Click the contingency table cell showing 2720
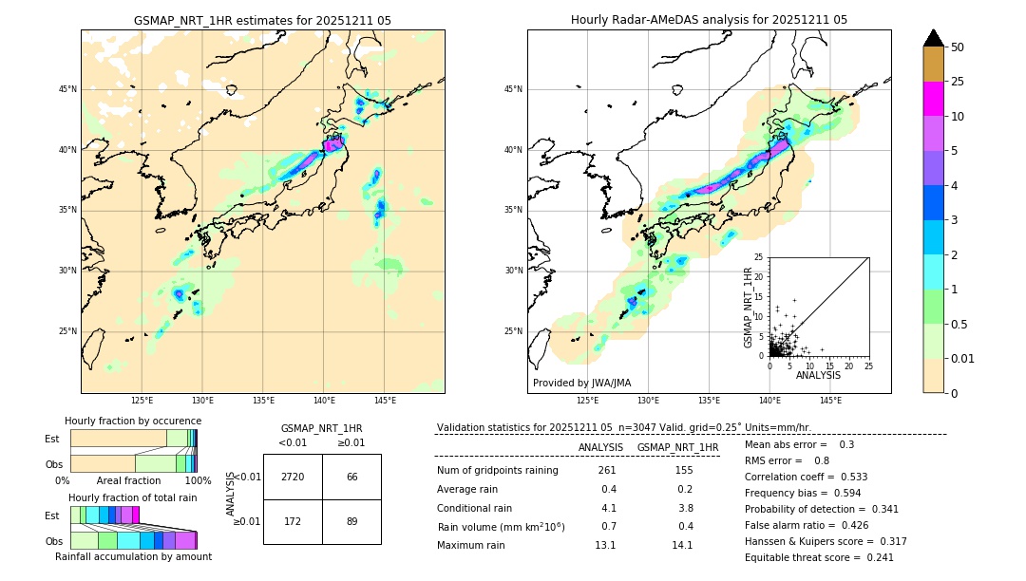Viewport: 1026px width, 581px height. click(x=292, y=477)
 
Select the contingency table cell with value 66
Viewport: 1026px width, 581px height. click(x=351, y=477)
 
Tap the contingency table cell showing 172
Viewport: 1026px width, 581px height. click(x=292, y=521)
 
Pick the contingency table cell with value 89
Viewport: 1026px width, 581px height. click(x=351, y=521)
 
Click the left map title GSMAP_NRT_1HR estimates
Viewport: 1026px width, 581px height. click(x=262, y=20)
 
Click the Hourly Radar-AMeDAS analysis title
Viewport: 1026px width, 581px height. click(x=709, y=20)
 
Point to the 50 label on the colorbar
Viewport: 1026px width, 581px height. click(x=958, y=47)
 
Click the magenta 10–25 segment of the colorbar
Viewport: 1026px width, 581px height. click(x=933, y=99)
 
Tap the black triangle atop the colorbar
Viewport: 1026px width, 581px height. click(x=933, y=38)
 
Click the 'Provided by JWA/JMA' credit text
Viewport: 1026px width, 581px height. click(x=581, y=383)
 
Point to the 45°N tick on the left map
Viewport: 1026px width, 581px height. click(x=67, y=89)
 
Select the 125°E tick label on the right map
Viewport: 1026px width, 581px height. click(x=588, y=401)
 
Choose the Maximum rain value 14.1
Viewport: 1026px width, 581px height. click(x=683, y=546)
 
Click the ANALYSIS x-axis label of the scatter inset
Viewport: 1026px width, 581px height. click(x=818, y=375)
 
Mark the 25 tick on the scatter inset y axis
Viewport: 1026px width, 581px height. click(x=759, y=257)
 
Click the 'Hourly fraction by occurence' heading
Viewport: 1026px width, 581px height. click(x=133, y=421)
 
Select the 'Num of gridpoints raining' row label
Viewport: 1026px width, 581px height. click(x=498, y=471)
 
